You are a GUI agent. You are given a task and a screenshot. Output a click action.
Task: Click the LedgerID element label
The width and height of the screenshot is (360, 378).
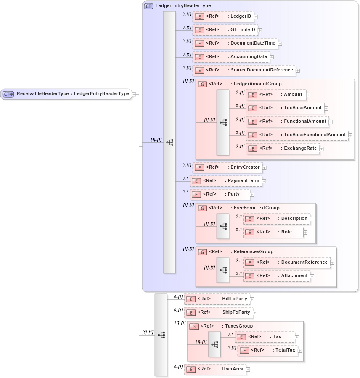point(241,16)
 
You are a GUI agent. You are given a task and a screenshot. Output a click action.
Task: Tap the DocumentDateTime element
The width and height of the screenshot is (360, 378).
point(235,43)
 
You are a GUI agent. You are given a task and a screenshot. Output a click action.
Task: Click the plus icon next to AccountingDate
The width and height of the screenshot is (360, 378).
point(272,57)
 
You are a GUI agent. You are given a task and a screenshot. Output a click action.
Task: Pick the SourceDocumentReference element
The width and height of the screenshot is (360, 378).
point(244,70)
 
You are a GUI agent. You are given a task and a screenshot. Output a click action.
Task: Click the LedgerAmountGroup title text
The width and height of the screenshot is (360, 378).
point(257,84)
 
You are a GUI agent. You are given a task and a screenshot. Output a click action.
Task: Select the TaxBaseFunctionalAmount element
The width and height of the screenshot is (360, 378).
point(297,135)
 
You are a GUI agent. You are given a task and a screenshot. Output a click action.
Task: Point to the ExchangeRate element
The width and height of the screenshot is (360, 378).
point(283,148)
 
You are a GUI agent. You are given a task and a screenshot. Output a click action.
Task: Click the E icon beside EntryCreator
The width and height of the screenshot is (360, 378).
point(200,167)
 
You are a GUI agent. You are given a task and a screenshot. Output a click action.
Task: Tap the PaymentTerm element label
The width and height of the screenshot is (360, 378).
point(243,181)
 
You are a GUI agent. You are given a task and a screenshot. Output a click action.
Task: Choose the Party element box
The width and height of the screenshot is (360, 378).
point(220,194)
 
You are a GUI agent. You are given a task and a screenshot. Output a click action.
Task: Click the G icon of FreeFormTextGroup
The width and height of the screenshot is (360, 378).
point(202,208)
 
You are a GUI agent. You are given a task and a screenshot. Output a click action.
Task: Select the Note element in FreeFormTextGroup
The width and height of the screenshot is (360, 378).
point(273,232)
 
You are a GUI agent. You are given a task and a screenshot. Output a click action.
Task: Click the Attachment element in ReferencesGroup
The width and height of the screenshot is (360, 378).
point(278,276)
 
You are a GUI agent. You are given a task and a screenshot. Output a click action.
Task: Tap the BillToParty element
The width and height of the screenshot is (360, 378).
point(217,299)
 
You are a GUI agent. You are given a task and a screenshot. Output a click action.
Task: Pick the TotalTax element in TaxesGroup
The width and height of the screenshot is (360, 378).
point(268,350)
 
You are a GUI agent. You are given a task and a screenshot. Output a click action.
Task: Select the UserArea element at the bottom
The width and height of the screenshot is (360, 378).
point(215,369)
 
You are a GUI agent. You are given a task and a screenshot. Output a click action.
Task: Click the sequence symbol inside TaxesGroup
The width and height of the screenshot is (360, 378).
point(214,344)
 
